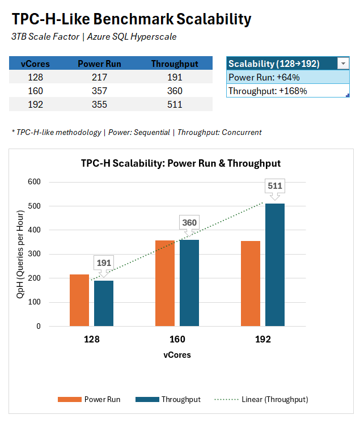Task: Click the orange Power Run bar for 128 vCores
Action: pos(79,301)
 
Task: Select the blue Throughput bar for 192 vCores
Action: pos(275,265)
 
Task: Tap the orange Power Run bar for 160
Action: pos(165,284)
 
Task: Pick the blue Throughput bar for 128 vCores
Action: pos(104,303)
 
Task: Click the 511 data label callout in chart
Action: pos(275,185)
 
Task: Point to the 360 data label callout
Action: pos(189,222)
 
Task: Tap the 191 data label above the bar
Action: pos(104,263)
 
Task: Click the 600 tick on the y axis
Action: pos(35,182)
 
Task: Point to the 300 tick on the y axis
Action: pos(35,254)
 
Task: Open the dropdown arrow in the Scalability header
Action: pos(343,64)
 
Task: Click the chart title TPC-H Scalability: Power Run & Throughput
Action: pos(180,163)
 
